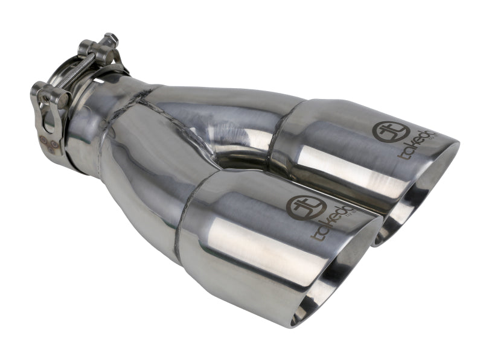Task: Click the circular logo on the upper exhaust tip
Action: [385, 131]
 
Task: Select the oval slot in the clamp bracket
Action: [50, 118]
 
